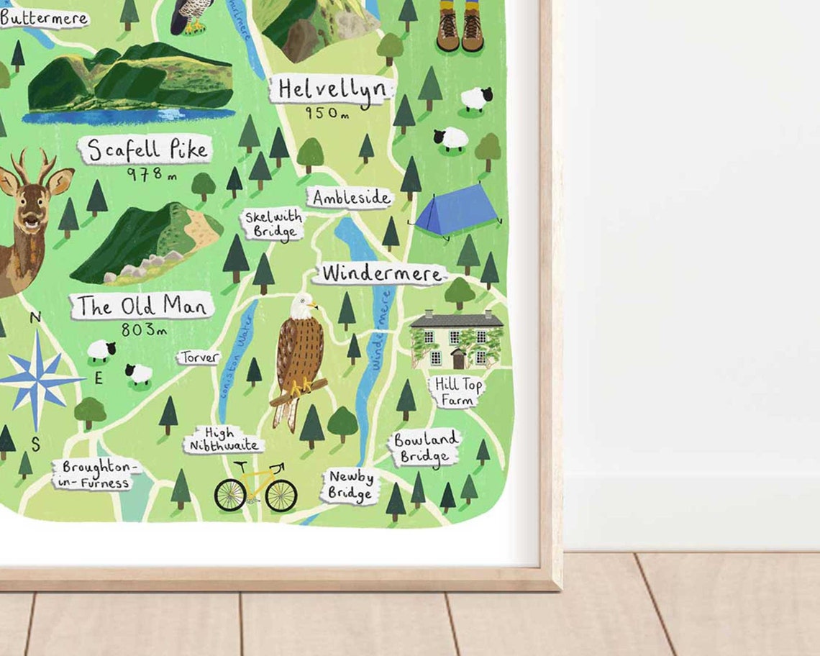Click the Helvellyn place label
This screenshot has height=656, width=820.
click(x=332, y=91)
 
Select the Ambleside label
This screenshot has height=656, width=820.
click(x=351, y=198)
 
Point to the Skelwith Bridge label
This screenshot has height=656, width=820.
click(x=273, y=224)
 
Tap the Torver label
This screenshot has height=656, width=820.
click(x=199, y=357)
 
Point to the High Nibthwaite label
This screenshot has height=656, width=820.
click(x=223, y=440)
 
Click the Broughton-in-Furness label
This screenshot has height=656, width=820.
click(x=97, y=475)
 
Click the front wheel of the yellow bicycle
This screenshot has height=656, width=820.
click(x=281, y=495)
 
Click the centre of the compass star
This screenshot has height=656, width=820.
click(x=36, y=380)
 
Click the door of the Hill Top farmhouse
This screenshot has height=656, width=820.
click(x=457, y=358)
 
